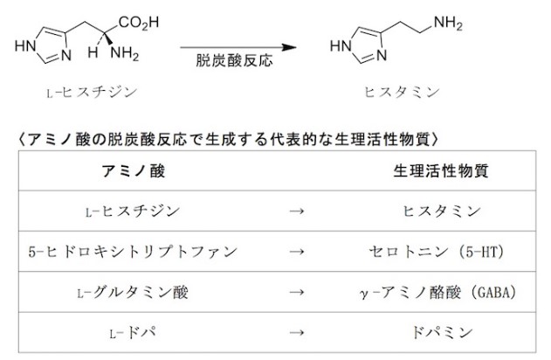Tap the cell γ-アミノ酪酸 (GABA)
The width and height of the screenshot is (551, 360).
point(434,291)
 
